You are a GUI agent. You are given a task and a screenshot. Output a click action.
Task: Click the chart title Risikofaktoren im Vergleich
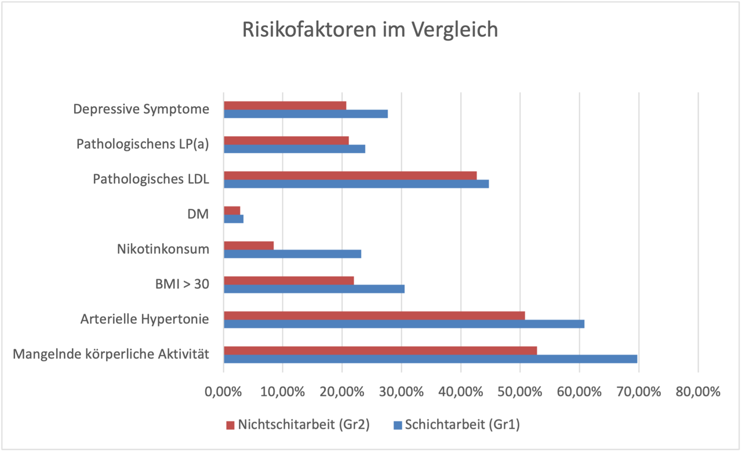pos(370,29)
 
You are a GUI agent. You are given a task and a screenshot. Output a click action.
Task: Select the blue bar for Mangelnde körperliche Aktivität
pos(430,359)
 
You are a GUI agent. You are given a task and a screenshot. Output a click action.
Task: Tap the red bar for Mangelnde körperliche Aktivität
pos(380,350)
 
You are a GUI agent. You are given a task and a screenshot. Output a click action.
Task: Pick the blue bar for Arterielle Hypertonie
pos(404,324)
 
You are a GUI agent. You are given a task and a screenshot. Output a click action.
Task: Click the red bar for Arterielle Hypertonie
pos(374,316)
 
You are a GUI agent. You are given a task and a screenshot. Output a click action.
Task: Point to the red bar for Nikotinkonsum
pos(249,245)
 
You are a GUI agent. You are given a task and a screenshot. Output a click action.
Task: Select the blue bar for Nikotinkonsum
pos(292,253)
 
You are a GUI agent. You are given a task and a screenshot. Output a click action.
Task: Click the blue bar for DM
pos(234,219)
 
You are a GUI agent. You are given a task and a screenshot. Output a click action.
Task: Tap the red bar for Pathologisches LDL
pos(350,175)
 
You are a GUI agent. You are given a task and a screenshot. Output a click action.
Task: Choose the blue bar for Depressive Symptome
pos(305,114)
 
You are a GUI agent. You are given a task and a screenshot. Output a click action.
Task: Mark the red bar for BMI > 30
pos(289,280)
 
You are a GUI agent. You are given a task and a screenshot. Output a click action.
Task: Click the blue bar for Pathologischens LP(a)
pos(294,149)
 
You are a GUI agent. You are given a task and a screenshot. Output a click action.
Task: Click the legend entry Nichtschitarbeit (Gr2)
pos(297,425)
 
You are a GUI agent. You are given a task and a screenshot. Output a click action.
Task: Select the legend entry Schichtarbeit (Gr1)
pos(456,425)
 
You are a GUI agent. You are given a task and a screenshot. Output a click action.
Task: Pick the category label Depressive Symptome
pos(141,109)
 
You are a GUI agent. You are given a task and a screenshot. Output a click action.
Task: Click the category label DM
pos(199,214)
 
